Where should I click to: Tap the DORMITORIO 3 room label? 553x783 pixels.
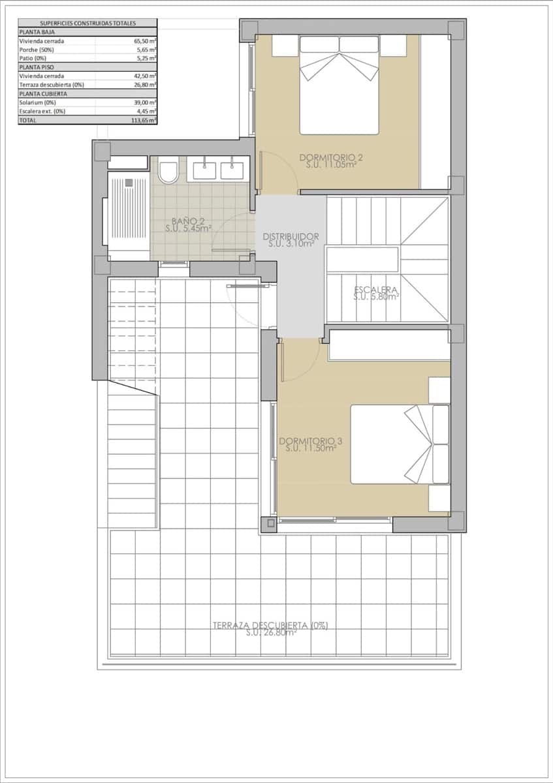[x=311, y=444]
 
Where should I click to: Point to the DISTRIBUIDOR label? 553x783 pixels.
[x=291, y=239]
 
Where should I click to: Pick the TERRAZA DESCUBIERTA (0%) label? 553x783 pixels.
[x=270, y=628]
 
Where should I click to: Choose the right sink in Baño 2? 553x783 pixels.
[x=232, y=170]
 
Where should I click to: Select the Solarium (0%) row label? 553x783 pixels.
[x=38, y=102]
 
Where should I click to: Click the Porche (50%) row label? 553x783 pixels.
[x=37, y=49]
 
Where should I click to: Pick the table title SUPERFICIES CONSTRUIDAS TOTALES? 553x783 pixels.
[x=87, y=23]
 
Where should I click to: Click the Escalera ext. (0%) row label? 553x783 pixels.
[x=42, y=111]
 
